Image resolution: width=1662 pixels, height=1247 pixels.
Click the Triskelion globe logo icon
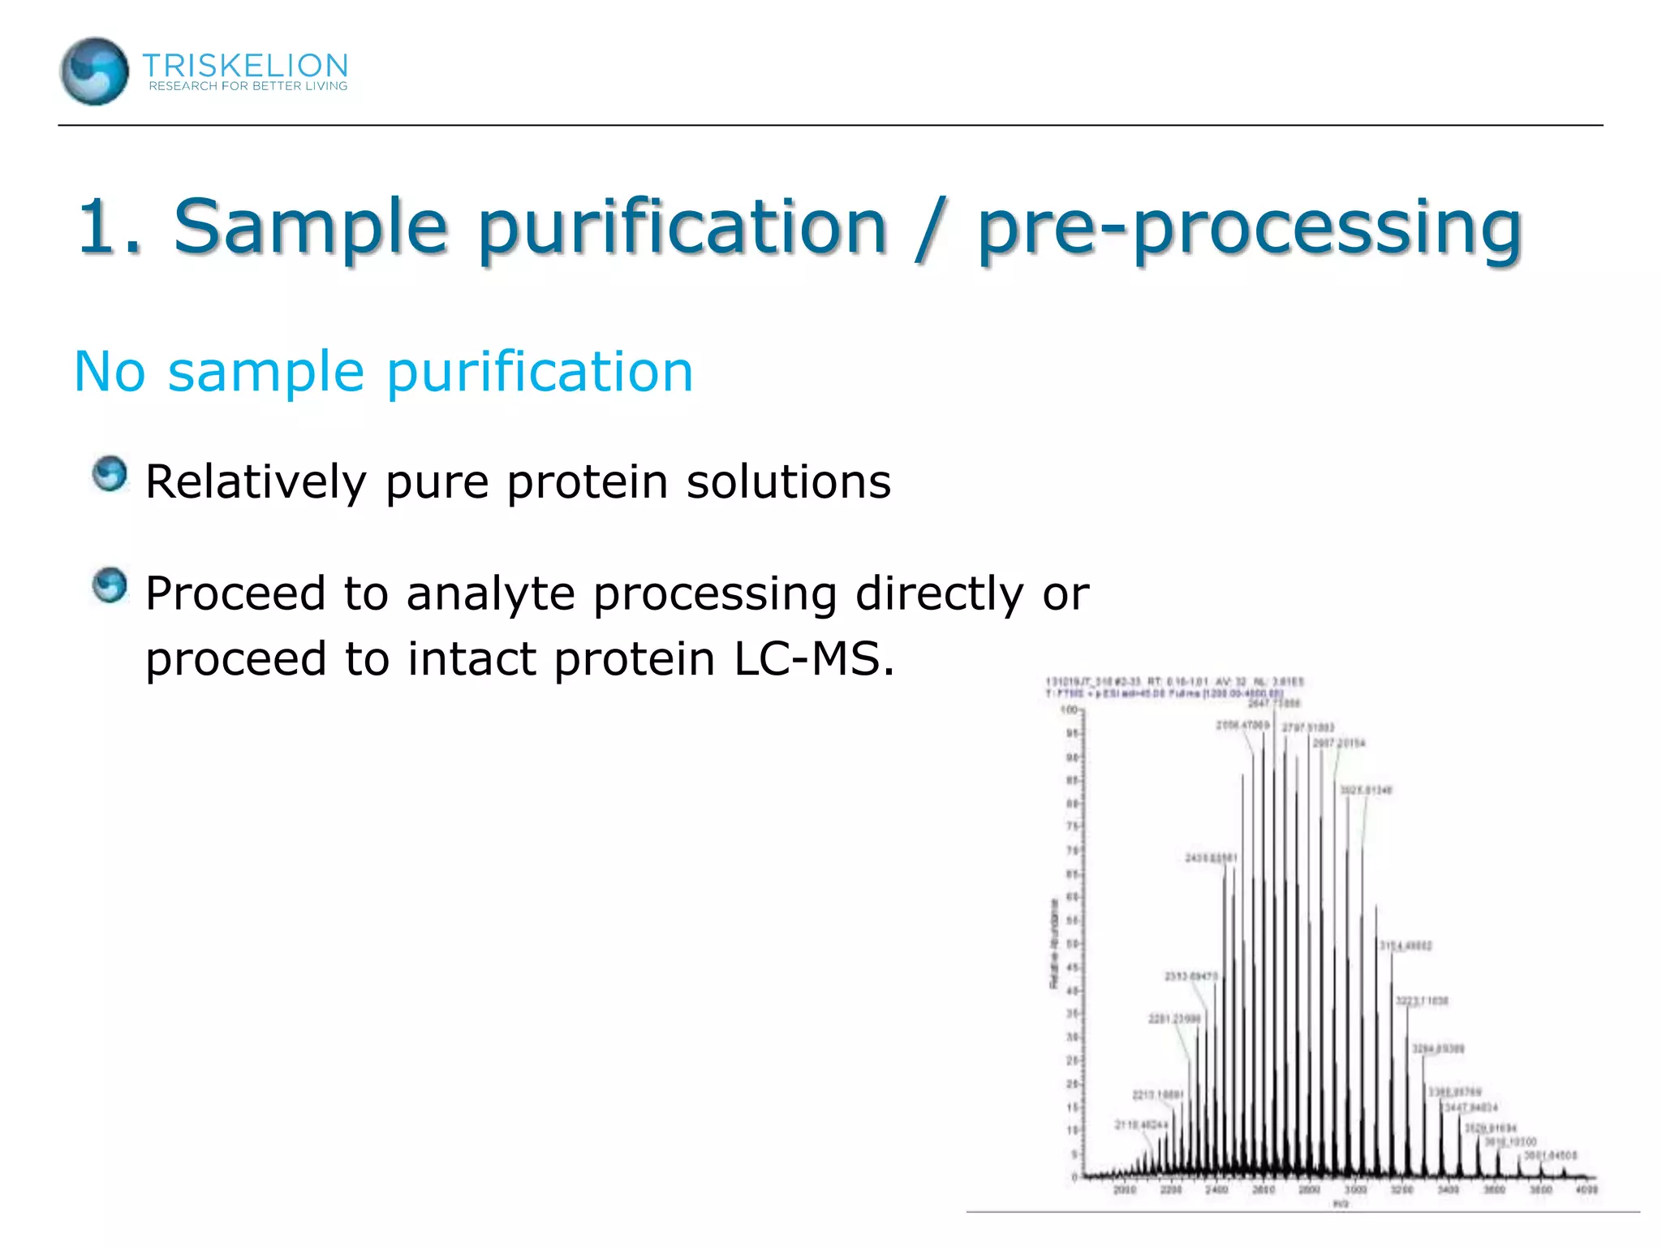(94, 71)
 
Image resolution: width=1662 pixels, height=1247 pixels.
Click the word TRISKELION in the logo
(245, 65)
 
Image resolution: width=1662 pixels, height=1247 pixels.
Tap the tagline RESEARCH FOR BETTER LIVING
(248, 86)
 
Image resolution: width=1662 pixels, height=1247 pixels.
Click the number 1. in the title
(109, 227)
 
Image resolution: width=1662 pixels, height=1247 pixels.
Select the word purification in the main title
(682, 227)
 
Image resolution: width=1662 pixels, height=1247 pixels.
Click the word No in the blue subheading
(110, 372)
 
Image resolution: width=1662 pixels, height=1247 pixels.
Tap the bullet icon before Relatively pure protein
(110, 473)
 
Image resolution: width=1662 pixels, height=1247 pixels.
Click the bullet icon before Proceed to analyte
(110, 585)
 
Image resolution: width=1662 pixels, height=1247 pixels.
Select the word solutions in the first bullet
(789, 481)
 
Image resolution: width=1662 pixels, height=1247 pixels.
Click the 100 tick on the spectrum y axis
(1069, 710)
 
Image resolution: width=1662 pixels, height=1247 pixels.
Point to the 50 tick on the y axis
(1071, 944)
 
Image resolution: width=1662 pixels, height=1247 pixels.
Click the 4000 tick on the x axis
(1587, 1189)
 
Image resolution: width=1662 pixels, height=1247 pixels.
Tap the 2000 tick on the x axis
(1124, 1189)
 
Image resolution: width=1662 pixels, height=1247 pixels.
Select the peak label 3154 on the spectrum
(1406, 946)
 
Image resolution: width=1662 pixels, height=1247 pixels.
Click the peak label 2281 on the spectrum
(1173, 1019)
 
